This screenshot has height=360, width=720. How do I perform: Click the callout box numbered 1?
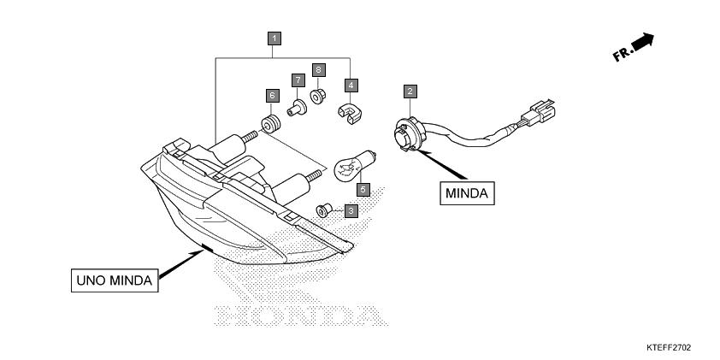point(274,38)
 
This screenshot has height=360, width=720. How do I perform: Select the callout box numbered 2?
point(410,91)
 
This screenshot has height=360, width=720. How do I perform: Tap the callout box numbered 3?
point(351,211)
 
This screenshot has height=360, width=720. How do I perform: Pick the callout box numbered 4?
point(351,85)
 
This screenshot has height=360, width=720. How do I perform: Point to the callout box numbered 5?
point(363,189)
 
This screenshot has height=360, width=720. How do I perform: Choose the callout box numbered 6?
point(272,96)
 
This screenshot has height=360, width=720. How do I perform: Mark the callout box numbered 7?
point(298,80)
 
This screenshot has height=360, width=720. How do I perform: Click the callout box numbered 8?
point(318,70)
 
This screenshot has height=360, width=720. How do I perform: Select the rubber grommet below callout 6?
point(270,125)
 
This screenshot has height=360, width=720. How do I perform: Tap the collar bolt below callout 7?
point(297,109)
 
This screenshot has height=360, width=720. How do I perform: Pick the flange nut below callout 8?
point(317,97)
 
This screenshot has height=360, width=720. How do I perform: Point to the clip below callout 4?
point(350,114)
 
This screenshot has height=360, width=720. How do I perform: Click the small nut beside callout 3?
point(324,210)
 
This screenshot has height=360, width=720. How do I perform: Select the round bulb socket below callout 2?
point(409,134)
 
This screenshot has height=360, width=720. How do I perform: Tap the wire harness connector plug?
point(539,111)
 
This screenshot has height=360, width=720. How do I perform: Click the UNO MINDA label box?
point(115,280)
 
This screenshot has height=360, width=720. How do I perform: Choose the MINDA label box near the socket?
point(467,193)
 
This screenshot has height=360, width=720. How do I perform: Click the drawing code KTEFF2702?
point(668,348)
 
